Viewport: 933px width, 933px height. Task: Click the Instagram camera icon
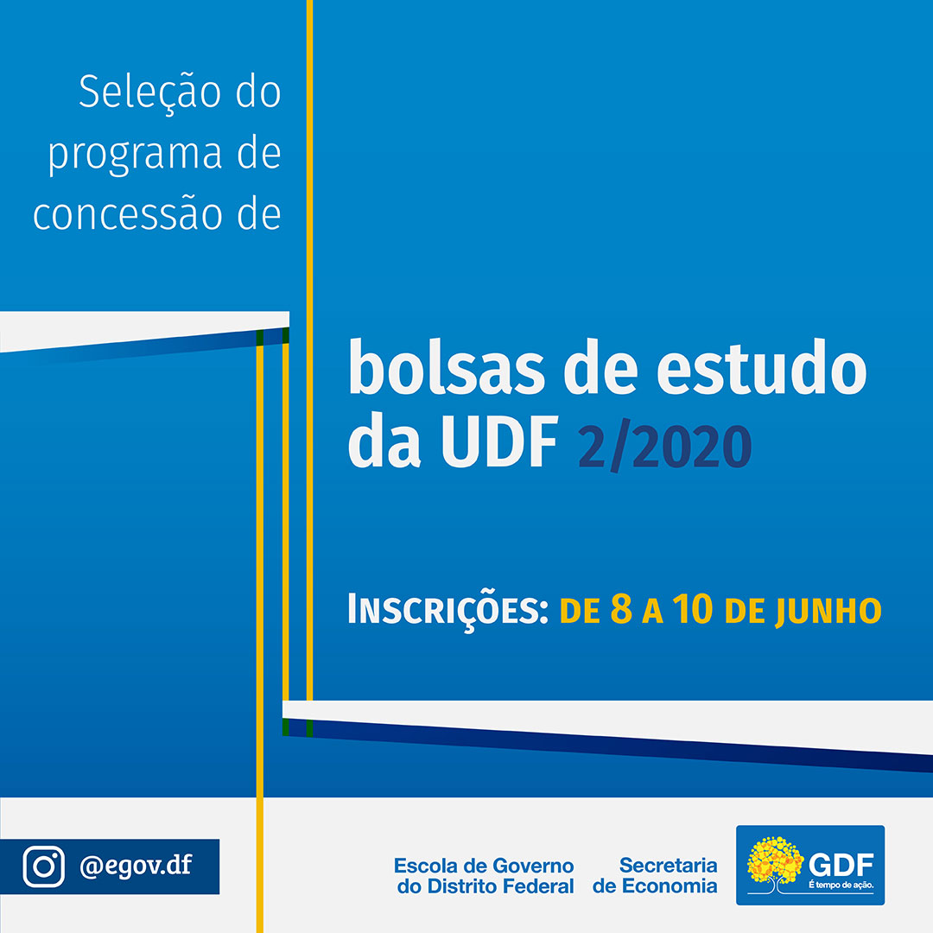click(43, 866)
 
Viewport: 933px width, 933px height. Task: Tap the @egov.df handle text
click(136, 866)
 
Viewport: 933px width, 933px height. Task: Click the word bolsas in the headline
click(447, 367)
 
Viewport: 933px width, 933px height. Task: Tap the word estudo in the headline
click(762, 367)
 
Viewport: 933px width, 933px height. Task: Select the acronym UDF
click(499, 442)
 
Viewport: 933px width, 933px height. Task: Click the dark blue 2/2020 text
click(664, 447)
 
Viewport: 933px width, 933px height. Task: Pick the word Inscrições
click(447, 610)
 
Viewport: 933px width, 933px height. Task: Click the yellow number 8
click(621, 609)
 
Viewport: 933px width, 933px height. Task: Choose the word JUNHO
click(828, 612)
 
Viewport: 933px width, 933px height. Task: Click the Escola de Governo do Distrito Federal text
click(485, 876)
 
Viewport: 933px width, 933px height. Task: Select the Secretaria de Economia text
click(655, 875)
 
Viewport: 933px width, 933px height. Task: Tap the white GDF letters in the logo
click(841, 865)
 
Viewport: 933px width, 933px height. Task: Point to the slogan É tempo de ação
click(841, 885)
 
